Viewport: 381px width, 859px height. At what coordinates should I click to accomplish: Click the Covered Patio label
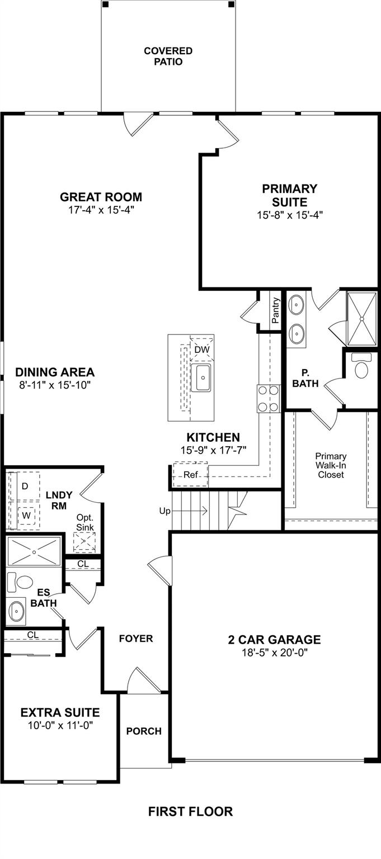tap(168, 56)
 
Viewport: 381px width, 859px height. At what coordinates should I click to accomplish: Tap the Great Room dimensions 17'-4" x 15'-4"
tap(101, 210)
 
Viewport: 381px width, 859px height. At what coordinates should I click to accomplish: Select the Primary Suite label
tap(289, 195)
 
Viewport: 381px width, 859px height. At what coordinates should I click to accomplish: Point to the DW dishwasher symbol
tap(201, 350)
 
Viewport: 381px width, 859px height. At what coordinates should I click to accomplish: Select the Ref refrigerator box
tap(190, 475)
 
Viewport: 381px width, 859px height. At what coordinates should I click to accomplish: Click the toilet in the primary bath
tap(362, 368)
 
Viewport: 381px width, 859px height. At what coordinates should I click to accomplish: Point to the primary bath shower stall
tap(363, 318)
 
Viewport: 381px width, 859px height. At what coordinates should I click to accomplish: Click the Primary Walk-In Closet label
tap(331, 465)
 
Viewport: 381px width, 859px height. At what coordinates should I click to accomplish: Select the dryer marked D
tap(25, 486)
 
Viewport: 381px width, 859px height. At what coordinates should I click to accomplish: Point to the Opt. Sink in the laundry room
tap(84, 541)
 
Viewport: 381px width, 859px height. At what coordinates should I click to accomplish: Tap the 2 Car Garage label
tap(274, 639)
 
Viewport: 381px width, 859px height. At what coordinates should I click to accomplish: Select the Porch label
tap(144, 730)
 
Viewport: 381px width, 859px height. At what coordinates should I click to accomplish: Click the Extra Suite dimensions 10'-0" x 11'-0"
tap(60, 725)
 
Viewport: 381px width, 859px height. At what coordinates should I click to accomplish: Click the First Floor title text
tap(190, 811)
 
